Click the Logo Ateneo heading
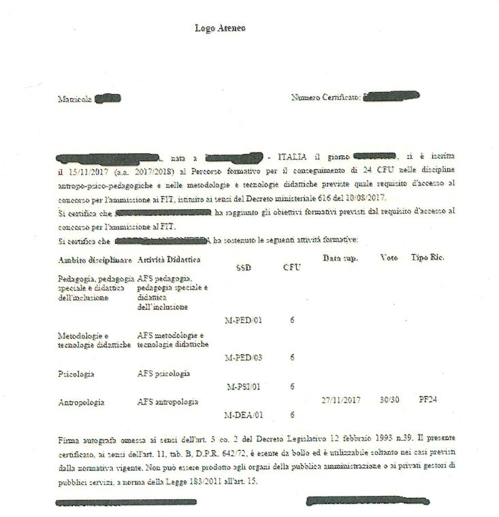[x=220, y=29]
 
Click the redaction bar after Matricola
[x=108, y=99]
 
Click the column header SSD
[x=243, y=268]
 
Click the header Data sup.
[x=340, y=259]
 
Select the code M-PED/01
[x=243, y=320]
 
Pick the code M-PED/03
[x=243, y=358]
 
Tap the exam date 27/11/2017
[x=340, y=400]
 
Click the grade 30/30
[x=389, y=400]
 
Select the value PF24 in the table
[x=428, y=399]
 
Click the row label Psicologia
[x=76, y=374]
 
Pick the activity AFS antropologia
[x=167, y=403]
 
